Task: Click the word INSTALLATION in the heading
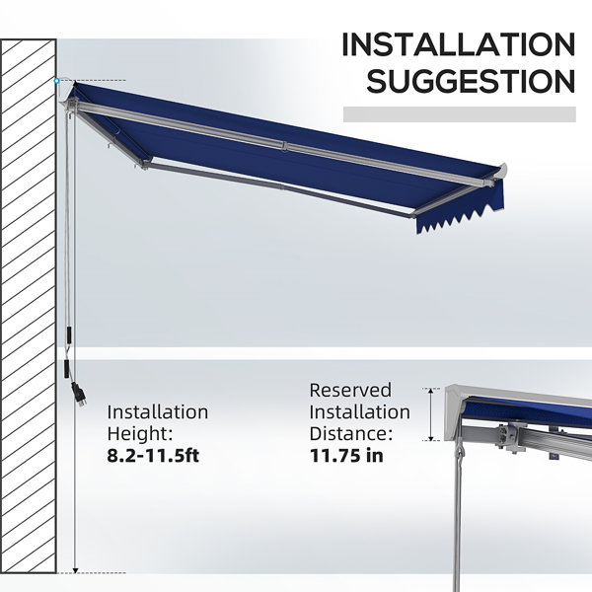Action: pos(459,44)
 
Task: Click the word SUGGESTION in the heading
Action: pos(471,81)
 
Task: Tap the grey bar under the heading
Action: pos(460,114)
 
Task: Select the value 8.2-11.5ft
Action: pos(153,455)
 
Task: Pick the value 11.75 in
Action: pos(346,455)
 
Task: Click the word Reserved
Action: pos(350,391)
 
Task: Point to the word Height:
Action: pos(140,433)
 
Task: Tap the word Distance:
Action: pos(351,433)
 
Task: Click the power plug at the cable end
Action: pos(79,395)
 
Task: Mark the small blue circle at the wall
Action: pos(56,81)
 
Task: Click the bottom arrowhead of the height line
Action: pos(75,570)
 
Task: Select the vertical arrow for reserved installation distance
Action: pos(431,414)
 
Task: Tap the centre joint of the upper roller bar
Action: pos(285,146)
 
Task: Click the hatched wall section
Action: pos(29,306)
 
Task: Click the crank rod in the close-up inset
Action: pos(457,521)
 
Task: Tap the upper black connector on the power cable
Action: pos(69,335)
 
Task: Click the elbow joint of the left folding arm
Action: pos(146,163)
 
